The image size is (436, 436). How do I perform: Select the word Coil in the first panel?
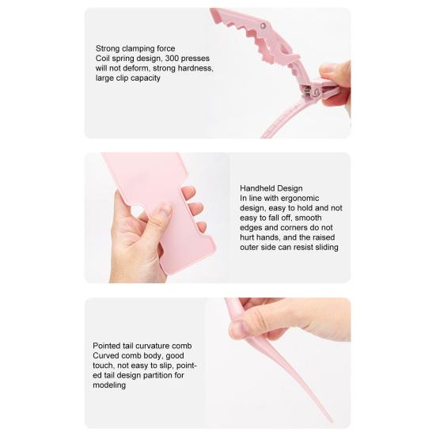click(103, 59)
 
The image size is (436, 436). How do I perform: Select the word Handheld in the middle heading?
click(258, 188)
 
